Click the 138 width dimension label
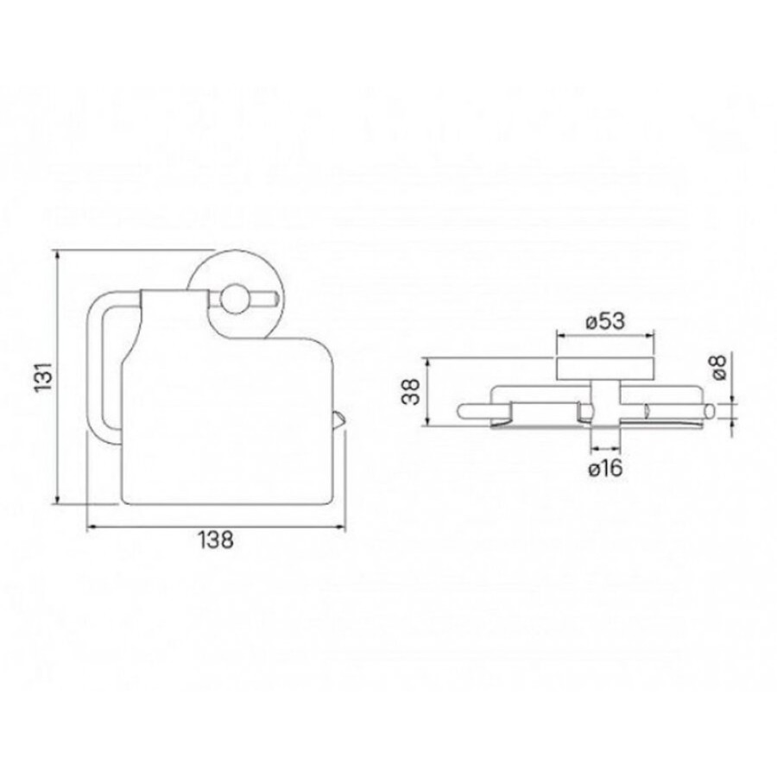click(x=216, y=540)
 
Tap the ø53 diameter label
click(x=605, y=322)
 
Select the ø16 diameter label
click(x=605, y=468)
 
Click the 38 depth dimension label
click(x=411, y=391)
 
